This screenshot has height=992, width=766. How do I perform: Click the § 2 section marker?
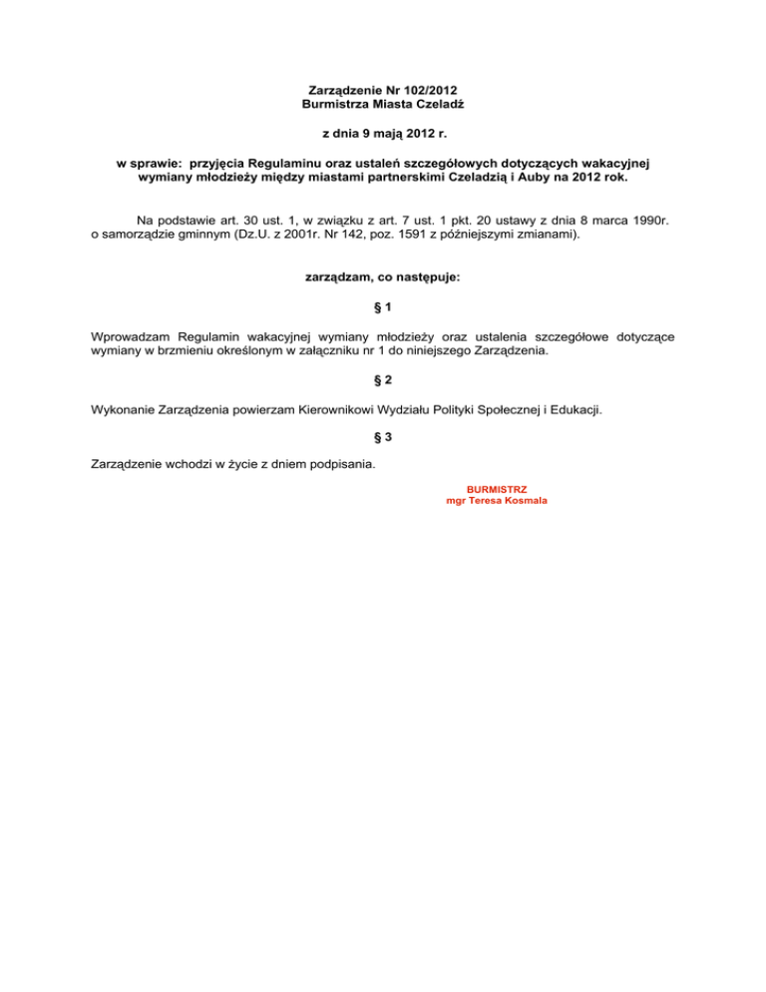coord(382,380)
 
